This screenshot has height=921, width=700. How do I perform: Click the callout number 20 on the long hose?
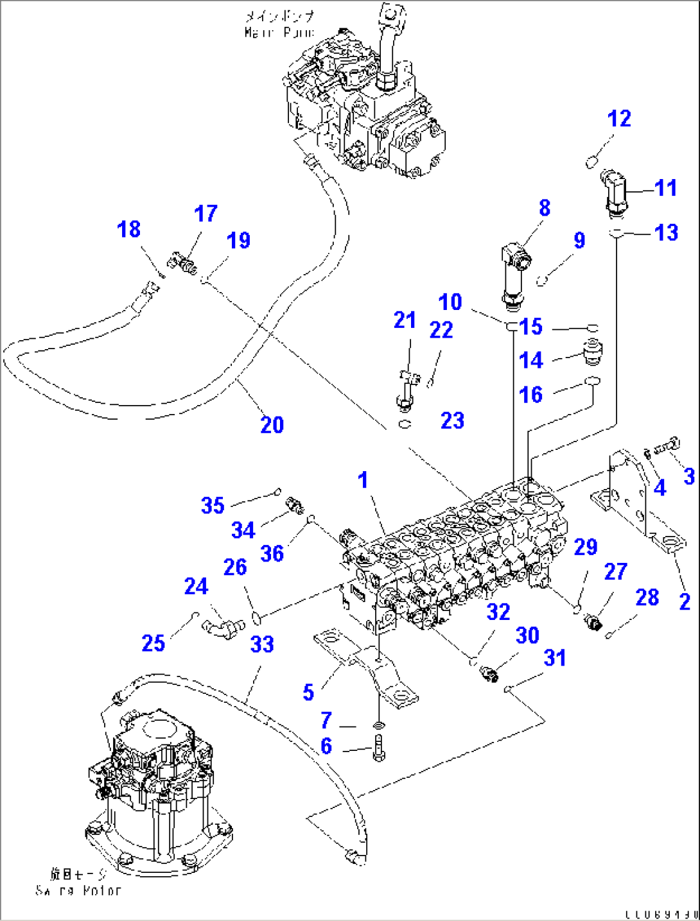[272, 425]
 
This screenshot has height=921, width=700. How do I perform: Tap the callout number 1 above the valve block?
[363, 479]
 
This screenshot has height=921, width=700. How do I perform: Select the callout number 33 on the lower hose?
[262, 644]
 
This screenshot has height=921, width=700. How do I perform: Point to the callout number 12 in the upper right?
[619, 119]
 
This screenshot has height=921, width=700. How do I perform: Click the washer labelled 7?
[379, 725]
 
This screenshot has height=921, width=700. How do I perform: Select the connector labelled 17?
[182, 262]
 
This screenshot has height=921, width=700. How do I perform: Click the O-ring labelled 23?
[404, 424]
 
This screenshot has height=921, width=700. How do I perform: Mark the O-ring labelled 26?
[256, 619]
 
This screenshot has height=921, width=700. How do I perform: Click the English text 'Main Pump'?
[279, 31]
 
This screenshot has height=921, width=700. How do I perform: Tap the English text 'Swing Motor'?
[78, 890]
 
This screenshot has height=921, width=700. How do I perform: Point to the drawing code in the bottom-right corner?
[661, 914]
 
